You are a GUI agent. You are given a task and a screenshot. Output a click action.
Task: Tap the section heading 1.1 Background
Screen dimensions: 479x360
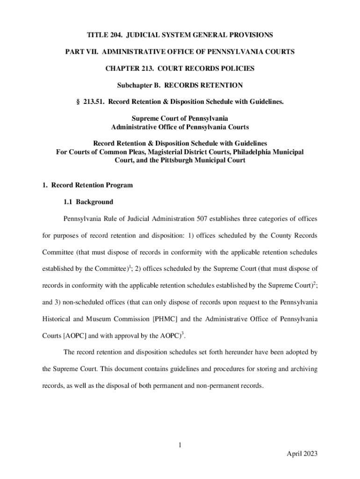88,202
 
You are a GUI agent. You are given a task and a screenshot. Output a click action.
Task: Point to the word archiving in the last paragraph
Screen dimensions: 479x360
303,369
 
